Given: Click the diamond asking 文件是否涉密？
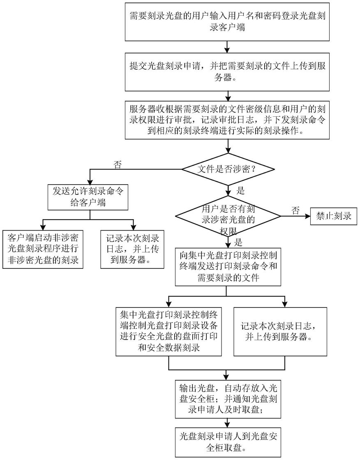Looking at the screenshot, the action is (228, 169).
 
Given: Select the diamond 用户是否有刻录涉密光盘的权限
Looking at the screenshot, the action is (228, 217).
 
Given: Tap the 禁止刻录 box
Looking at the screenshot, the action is (334, 216).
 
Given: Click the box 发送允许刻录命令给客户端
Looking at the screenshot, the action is (88, 197).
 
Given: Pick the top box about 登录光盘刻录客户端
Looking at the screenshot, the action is (227, 22).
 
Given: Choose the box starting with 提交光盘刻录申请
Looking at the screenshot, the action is (227, 72).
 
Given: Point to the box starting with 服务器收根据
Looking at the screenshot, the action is (227, 120).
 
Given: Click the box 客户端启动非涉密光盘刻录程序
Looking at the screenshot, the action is (43, 249).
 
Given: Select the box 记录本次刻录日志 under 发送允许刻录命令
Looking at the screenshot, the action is (132, 249).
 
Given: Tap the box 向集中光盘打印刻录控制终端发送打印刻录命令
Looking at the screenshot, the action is (228, 267).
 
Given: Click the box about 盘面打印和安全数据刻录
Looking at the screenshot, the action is (169, 331).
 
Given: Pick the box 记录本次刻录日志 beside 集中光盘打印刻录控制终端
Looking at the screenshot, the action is (280, 331).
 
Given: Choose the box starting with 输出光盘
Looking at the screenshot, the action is (228, 399).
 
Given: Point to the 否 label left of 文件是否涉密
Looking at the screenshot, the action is (118, 164).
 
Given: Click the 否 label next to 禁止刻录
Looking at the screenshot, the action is (295, 210).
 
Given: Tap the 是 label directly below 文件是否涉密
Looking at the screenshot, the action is (240, 191).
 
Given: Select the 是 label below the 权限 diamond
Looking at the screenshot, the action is (238, 242).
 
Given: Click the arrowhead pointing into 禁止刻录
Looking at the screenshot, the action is (307, 216).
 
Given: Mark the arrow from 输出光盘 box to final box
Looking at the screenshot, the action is (227, 423).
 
